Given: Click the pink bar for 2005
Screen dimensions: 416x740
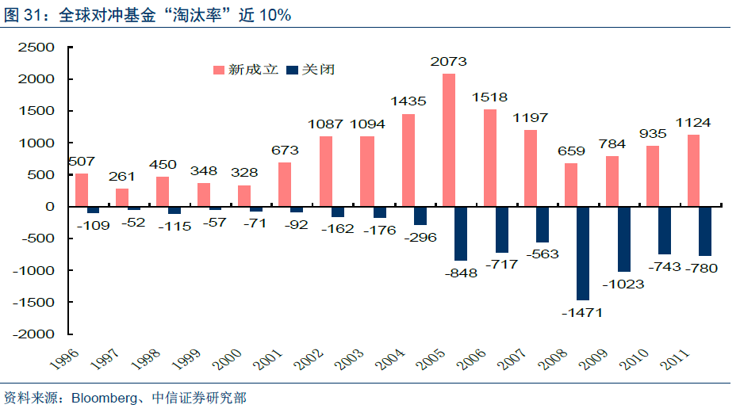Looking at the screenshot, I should (x=448, y=140).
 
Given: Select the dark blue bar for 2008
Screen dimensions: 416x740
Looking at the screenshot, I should (x=583, y=254).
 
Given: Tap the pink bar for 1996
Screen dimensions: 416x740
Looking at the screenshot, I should (x=82, y=190).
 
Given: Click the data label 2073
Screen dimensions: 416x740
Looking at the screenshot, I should (x=448, y=61).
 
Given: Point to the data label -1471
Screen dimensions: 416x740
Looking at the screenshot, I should (x=582, y=313).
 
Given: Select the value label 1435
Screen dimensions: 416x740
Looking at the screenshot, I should (x=408, y=101).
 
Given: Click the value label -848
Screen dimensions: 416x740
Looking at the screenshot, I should (x=461, y=273).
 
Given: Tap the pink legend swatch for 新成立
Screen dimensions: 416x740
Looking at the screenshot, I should (x=218, y=70).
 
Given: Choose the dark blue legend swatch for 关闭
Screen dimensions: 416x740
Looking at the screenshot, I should (x=291, y=70).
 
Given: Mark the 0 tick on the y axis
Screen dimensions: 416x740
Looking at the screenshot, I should (x=49, y=206).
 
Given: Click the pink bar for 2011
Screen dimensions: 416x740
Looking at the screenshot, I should (x=694, y=170).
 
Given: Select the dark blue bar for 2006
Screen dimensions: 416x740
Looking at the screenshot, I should (x=501, y=230).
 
